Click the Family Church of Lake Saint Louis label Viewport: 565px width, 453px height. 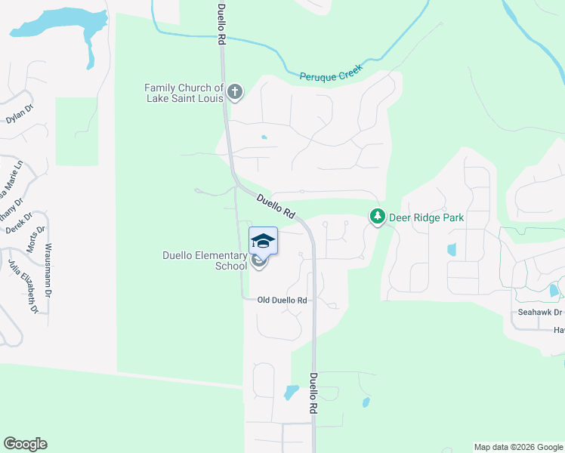tap(184, 93)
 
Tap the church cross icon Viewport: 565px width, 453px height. tap(235, 92)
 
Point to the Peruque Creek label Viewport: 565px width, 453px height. tap(331, 72)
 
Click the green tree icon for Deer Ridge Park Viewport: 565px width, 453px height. tap(377, 217)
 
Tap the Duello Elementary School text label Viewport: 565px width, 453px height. tap(205, 260)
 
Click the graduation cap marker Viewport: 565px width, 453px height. tap(263, 241)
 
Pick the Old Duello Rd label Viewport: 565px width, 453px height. tap(282, 300)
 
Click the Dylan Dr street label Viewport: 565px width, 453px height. tap(20, 114)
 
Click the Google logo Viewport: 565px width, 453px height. tap(25, 444)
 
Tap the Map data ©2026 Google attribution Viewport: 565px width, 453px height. tap(518, 447)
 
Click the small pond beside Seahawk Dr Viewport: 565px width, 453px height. tap(554, 290)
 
